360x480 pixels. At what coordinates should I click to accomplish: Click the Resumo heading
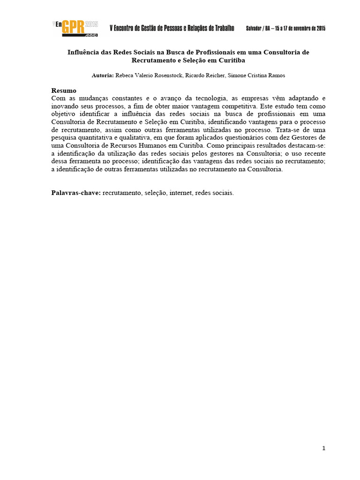click(64, 90)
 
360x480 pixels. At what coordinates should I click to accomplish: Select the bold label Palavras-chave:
click(76, 193)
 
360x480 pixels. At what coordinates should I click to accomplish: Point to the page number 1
click(323, 449)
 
